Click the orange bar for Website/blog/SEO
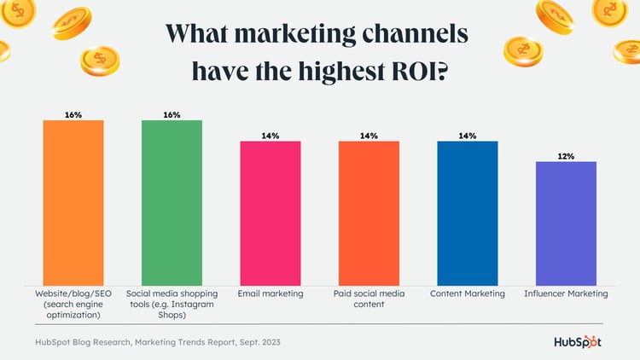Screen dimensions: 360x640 click(73, 202)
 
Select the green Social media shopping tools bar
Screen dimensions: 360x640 click(172, 202)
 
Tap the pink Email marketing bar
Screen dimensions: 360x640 click(270, 212)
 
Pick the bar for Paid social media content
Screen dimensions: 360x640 click(369, 212)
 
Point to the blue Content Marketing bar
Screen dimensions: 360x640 click(468, 212)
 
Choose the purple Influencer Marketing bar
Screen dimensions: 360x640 click(566, 223)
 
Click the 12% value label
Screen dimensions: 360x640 click(566, 156)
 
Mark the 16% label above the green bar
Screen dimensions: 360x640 click(172, 114)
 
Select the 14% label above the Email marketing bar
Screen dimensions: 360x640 click(270, 136)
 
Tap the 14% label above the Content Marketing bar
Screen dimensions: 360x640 click(468, 136)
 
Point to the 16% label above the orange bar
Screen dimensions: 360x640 click(73, 114)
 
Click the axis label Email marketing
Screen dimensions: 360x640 click(270, 293)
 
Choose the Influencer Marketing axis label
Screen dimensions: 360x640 click(566, 293)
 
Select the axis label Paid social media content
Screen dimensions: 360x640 click(369, 299)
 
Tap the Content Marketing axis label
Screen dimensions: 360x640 click(468, 293)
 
